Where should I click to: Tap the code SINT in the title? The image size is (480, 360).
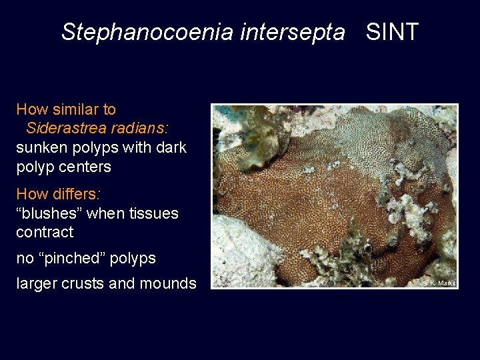[x=392, y=31]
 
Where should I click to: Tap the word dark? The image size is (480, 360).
[x=171, y=147]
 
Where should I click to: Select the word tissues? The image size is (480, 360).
[x=154, y=213]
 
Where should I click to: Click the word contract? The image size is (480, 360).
[x=44, y=232]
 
